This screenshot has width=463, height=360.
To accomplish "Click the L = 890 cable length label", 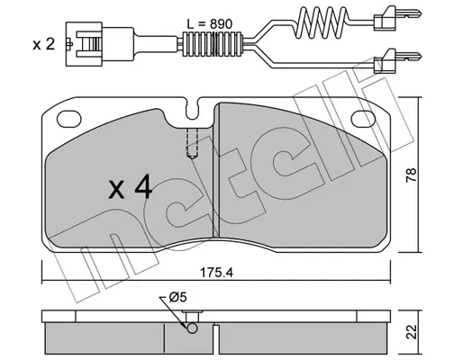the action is point(209,24).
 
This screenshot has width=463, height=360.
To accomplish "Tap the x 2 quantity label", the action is point(44,44).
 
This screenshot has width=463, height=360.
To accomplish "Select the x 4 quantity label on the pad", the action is point(131,187).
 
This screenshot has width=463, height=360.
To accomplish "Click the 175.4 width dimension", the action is point(216,273).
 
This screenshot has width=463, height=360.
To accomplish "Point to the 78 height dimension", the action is point(412,175).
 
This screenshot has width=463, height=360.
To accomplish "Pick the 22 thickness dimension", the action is point(412,332).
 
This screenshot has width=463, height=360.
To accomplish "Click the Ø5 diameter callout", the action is point(177,297).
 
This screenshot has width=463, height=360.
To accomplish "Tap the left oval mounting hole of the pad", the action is point(69,119).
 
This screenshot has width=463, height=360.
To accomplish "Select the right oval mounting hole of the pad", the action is point(363,118).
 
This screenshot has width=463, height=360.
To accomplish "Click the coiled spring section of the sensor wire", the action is point(321,22).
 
